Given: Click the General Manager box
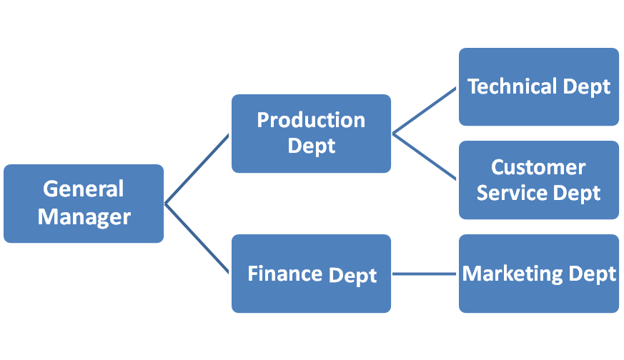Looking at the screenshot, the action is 84,204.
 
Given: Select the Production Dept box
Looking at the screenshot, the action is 311,134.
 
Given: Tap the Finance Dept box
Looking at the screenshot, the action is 311,274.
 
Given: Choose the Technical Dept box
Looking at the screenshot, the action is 539,86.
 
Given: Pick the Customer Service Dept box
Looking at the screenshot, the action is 539,180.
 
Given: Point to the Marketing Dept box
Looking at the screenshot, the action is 539,274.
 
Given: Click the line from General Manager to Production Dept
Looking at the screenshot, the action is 197,169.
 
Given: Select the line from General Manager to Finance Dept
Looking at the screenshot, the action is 197,239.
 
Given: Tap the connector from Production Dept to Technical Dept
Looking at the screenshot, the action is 425,110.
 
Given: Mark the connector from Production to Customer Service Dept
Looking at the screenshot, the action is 425,156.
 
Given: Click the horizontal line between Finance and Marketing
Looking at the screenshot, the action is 425,274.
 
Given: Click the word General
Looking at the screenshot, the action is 83,189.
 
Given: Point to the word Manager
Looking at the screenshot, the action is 84,217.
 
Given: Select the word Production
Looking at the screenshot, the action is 311,120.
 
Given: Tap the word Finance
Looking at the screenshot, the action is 285,274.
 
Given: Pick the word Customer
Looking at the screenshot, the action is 538,167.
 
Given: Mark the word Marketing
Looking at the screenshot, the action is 512,274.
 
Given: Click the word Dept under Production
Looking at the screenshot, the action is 312,146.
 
